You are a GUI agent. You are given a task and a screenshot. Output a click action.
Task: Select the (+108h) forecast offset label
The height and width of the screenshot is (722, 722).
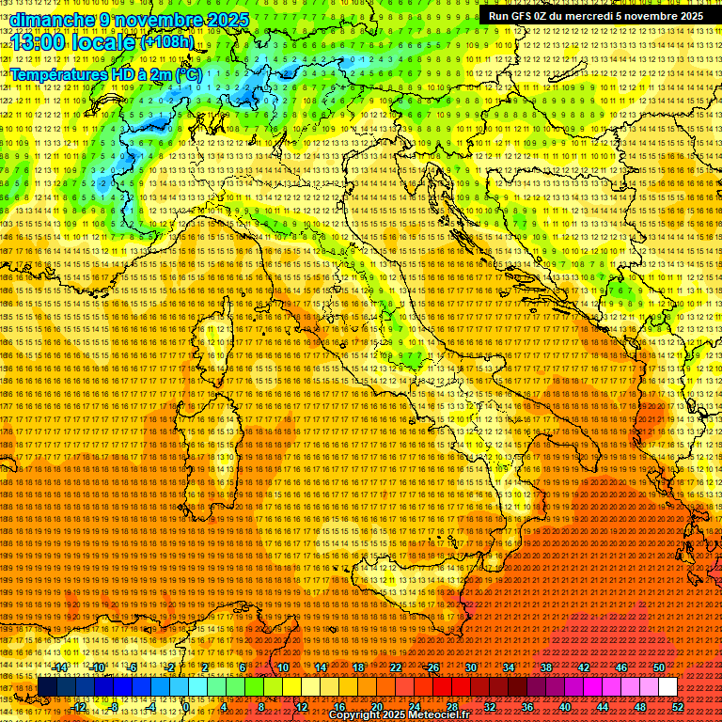click(x=167, y=42)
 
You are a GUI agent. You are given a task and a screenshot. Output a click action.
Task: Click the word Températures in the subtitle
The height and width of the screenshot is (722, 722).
click(x=58, y=74)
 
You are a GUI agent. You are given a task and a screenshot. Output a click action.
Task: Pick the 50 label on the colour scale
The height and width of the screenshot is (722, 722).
click(x=659, y=667)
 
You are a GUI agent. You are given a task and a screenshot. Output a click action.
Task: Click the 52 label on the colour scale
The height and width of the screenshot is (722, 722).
click(x=678, y=707)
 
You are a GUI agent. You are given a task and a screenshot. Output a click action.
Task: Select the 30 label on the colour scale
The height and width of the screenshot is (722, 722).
click(x=471, y=667)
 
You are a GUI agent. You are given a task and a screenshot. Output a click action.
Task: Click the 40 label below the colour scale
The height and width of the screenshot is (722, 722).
click(x=565, y=707)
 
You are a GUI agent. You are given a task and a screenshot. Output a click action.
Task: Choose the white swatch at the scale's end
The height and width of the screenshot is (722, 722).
click(x=667, y=687)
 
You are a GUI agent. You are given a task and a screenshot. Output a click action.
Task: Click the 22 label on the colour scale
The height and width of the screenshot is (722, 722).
click(x=396, y=667)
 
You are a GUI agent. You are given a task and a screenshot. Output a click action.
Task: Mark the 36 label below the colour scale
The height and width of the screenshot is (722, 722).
click(x=527, y=707)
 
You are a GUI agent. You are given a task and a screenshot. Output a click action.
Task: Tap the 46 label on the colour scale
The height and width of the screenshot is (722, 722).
click(x=621, y=667)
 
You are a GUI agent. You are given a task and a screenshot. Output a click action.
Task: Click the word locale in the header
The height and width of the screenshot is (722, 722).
click(x=102, y=43)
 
